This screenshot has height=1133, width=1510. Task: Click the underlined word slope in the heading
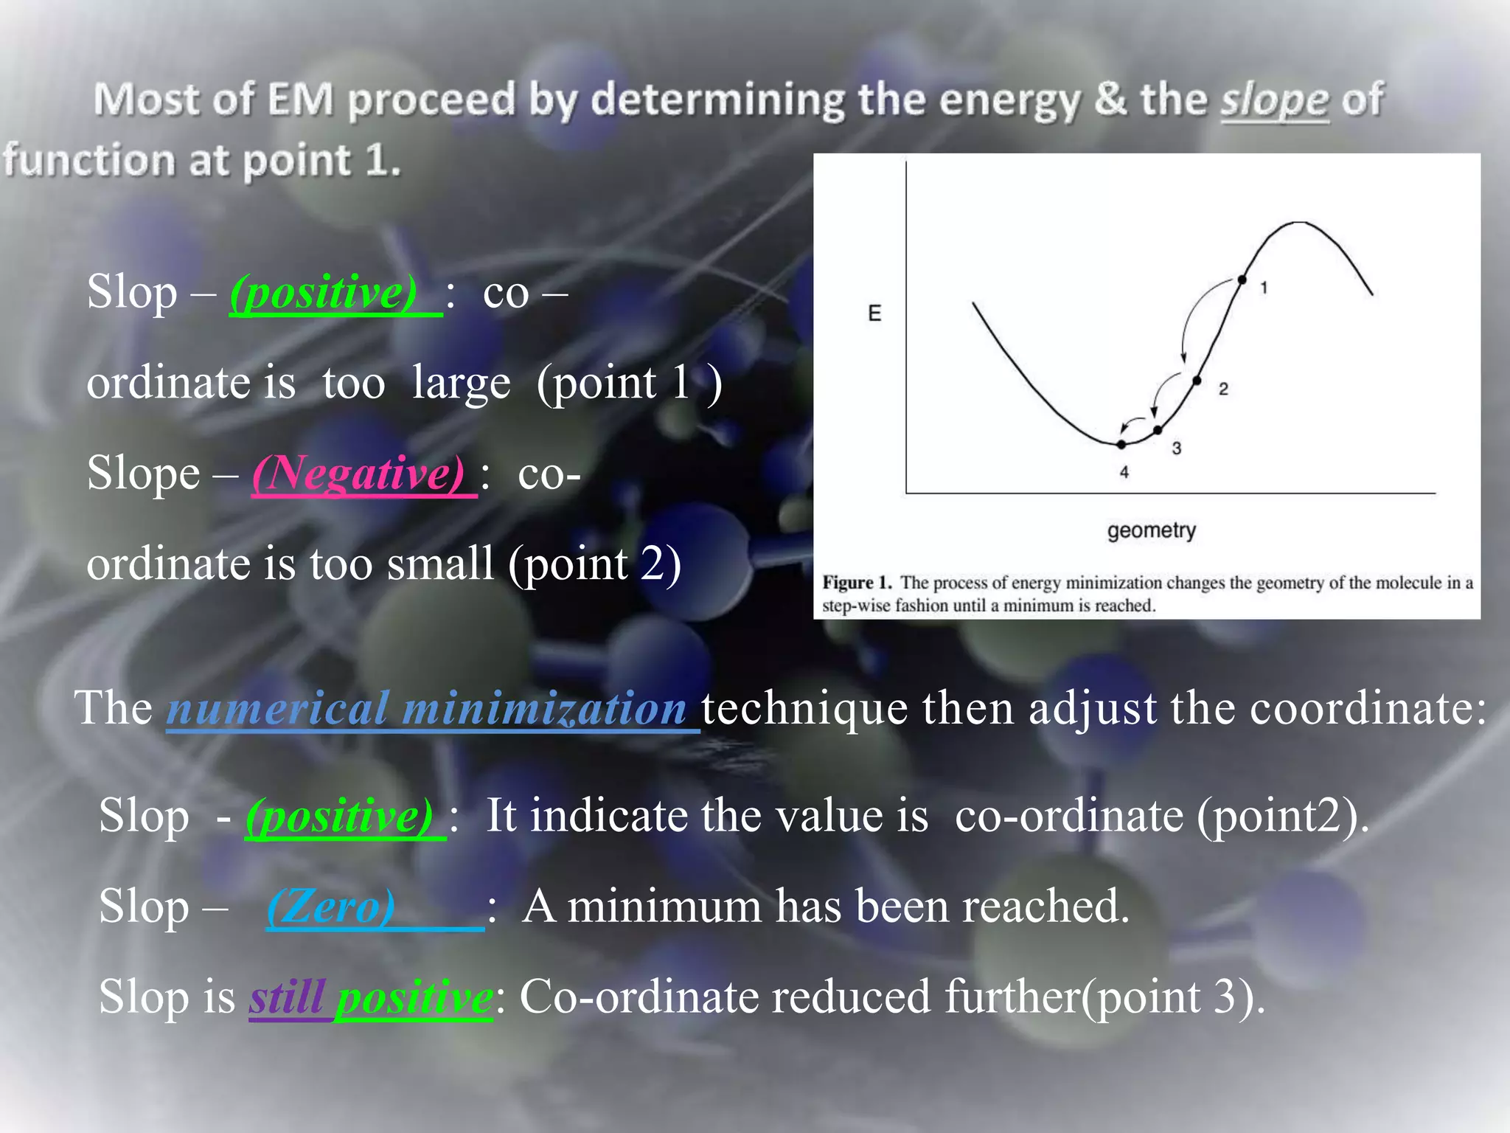point(1275,101)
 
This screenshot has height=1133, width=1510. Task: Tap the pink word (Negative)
point(358,473)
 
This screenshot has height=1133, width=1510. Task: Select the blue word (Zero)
point(331,907)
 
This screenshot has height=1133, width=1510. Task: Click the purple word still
point(288,997)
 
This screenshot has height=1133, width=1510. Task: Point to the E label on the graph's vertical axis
point(874,313)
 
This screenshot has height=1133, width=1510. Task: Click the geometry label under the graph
point(1151,530)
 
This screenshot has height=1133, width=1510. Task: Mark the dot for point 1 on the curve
point(1242,280)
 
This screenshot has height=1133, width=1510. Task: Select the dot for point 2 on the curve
point(1197,381)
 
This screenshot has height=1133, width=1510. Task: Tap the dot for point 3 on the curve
point(1158,429)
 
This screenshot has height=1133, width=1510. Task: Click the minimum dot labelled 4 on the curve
point(1121,444)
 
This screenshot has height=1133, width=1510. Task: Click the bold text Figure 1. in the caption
point(857,583)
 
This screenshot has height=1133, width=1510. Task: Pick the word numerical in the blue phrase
point(278,708)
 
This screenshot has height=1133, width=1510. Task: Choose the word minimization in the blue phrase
point(545,708)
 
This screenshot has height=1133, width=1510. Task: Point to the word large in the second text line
point(461,384)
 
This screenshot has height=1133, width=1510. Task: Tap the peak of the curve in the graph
point(1299,222)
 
